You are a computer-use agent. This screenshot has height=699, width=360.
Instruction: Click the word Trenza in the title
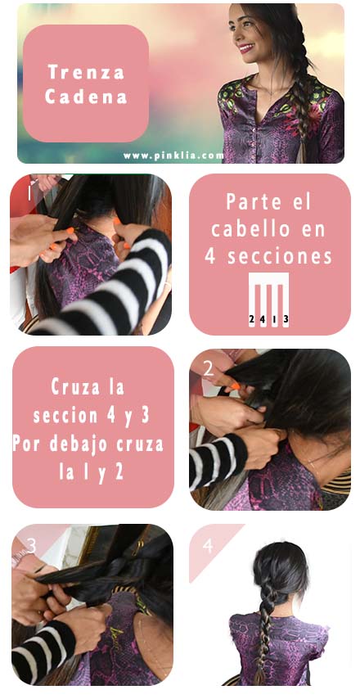coord(86,72)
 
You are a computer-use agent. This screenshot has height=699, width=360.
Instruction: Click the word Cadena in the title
coord(86,97)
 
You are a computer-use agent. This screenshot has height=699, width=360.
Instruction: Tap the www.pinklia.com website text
coord(173,156)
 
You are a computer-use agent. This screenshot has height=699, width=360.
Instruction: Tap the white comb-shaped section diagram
coord(268,300)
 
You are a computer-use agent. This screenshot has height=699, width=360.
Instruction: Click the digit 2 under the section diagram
coord(252,319)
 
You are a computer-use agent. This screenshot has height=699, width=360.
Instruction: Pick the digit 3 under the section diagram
coord(286,319)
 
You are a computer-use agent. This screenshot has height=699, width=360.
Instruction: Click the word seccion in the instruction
coord(65,415)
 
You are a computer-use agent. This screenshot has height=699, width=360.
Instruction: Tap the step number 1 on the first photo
coord(29,193)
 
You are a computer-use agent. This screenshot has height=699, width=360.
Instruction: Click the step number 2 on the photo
coord(208,370)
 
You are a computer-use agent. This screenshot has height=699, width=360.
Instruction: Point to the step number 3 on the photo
coord(31,545)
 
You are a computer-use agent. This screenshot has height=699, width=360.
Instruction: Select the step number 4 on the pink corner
coord(208,546)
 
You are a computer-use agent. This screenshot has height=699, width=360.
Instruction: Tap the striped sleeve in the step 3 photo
coord(43,651)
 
